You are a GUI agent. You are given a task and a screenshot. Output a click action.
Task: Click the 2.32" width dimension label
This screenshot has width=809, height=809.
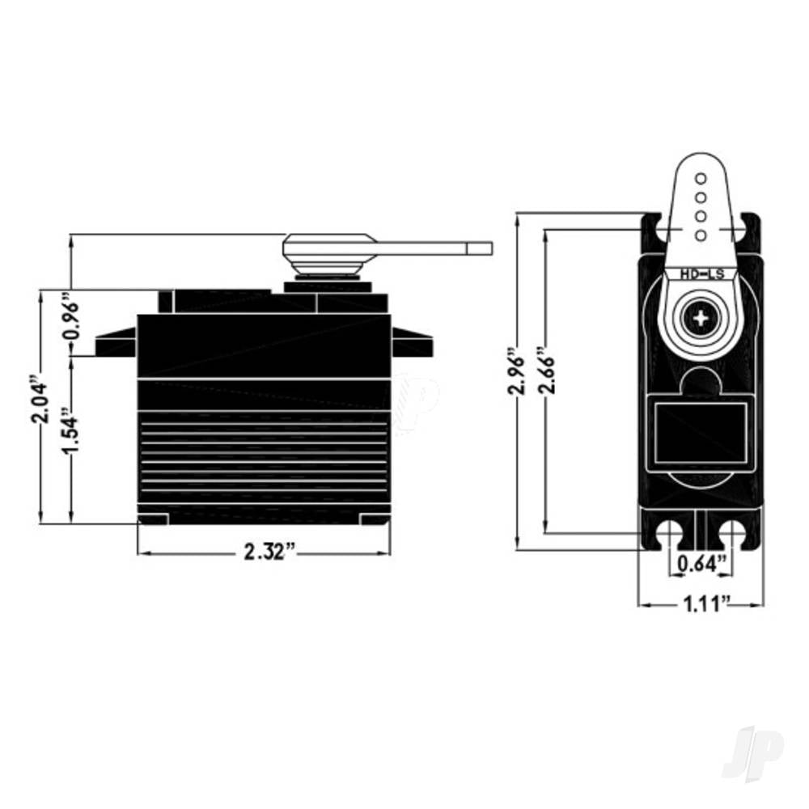(270, 552)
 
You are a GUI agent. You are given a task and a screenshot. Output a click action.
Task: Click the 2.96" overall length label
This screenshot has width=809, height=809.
(516, 371)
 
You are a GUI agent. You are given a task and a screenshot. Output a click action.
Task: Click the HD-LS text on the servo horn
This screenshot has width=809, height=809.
(701, 274)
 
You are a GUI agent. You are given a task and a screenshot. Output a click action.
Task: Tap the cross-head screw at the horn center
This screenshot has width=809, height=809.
(701, 318)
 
